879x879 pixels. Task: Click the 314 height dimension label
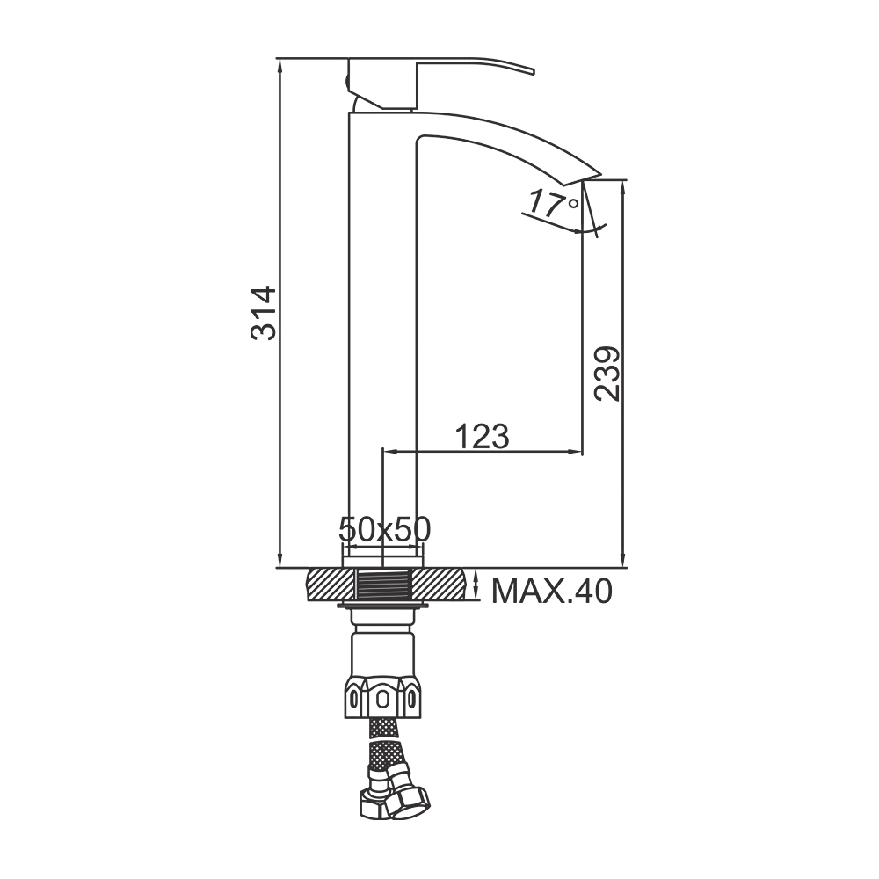264,313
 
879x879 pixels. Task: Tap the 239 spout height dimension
607,374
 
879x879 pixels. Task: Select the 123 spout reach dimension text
482,437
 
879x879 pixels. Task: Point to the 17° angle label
553,204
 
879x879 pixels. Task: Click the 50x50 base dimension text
385,528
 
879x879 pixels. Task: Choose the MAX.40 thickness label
552,591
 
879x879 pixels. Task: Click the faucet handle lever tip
533,71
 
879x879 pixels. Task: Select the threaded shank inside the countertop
385,585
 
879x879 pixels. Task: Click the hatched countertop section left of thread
331,585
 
